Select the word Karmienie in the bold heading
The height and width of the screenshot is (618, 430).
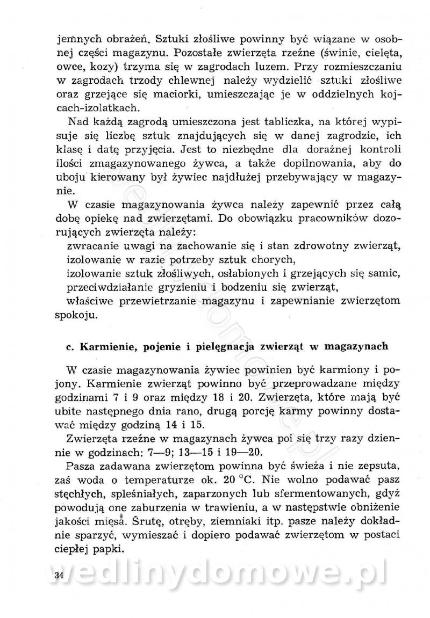point(106,346)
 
